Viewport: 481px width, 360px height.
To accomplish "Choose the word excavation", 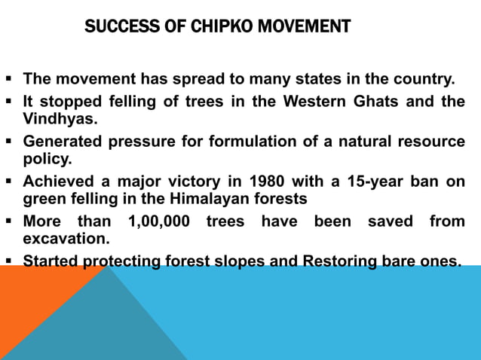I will pos(66,239).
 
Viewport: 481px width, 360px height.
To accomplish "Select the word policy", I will pos(47,159).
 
